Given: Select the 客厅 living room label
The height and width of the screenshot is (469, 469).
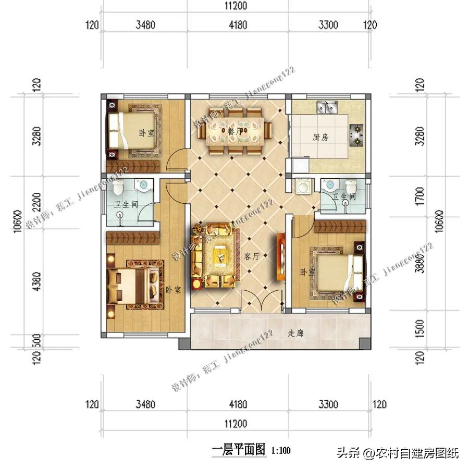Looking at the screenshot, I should pyautogui.click(x=251, y=256).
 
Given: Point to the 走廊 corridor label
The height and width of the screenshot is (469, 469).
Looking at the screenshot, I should pyautogui.click(x=295, y=333).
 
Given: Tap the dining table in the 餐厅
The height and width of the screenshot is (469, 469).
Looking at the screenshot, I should pyautogui.click(x=236, y=132).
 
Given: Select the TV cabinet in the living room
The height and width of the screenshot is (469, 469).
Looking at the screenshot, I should pyautogui.click(x=280, y=255).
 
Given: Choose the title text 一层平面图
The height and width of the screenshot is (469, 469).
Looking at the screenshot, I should pyautogui.click(x=239, y=449).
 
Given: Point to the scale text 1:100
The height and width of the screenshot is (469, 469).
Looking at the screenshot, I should pyautogui.click(x=281, y=450).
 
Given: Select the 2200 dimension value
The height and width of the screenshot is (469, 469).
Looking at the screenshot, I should pyautogui.click(x=36, y=200).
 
